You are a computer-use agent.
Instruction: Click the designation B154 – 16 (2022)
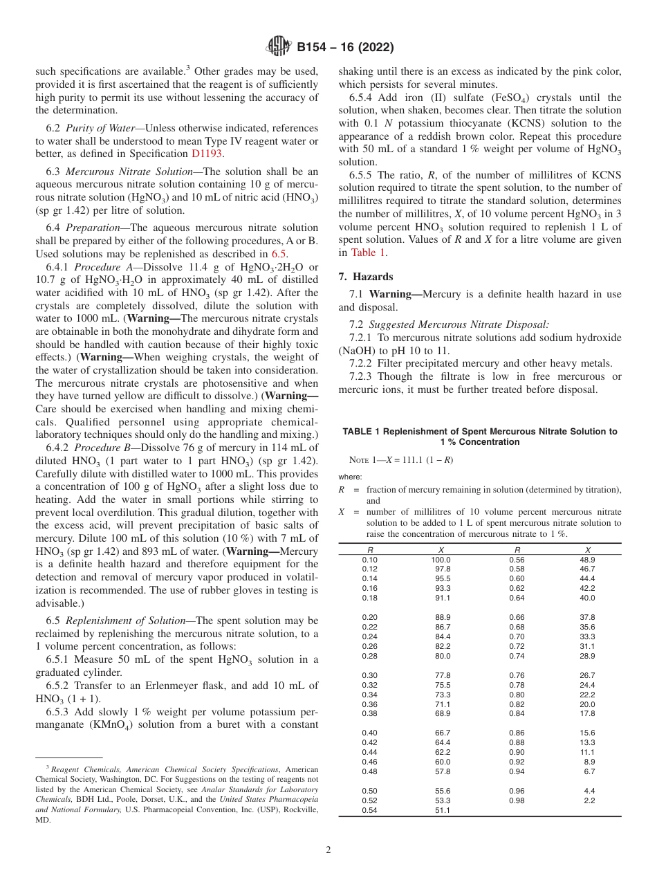click(345, 48)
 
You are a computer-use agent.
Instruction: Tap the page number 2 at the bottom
click(328, 850)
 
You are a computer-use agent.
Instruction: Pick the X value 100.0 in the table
click(441, 560)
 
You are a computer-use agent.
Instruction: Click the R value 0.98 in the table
click(516, 800)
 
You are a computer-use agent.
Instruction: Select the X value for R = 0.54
click(443, 810)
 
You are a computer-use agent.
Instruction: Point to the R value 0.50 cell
click(369, 791)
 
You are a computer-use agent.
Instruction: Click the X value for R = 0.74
click(587, 656)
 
